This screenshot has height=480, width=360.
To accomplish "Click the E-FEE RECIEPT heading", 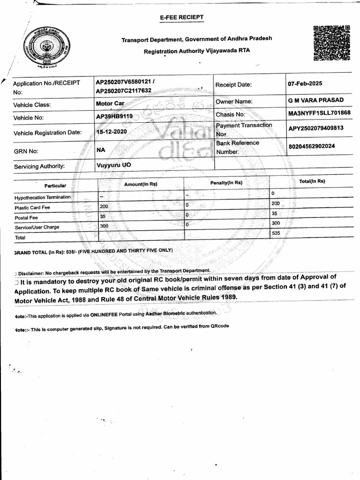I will coord(182,17).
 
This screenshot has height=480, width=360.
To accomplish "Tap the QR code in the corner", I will coord(331,43).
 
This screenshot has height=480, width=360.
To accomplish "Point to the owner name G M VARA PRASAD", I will coord(316,100).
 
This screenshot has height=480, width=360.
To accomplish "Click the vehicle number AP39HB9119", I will coord(114,116).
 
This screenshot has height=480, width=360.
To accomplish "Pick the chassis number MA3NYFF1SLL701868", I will coord(319,113).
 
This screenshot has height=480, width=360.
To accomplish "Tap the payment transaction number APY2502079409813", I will coord(316,128).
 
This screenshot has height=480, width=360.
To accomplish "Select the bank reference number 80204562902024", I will coord(312,146).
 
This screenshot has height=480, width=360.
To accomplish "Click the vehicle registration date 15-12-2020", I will coord(112,132).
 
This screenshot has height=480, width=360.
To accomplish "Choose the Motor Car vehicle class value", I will coord(110,103).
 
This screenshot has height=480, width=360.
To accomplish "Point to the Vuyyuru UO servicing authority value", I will coord(113,165).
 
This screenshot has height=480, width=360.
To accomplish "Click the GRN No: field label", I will coord(26,151).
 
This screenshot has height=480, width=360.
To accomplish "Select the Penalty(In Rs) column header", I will coord(226,182).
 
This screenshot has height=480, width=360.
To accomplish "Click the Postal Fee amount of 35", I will coord(104,216).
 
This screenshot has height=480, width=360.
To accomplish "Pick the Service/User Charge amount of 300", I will coord(104,225).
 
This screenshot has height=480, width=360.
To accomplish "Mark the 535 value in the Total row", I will coord(276,233).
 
